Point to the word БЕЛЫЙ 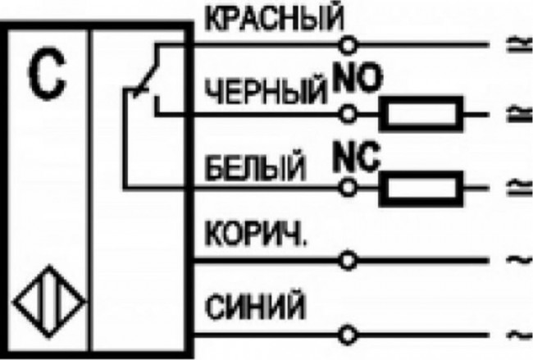[255, 170]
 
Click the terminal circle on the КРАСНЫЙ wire [350, 43]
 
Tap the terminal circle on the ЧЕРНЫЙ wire [350, 113]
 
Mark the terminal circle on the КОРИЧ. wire [350, 260]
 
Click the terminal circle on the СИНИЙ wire [350, 335]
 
